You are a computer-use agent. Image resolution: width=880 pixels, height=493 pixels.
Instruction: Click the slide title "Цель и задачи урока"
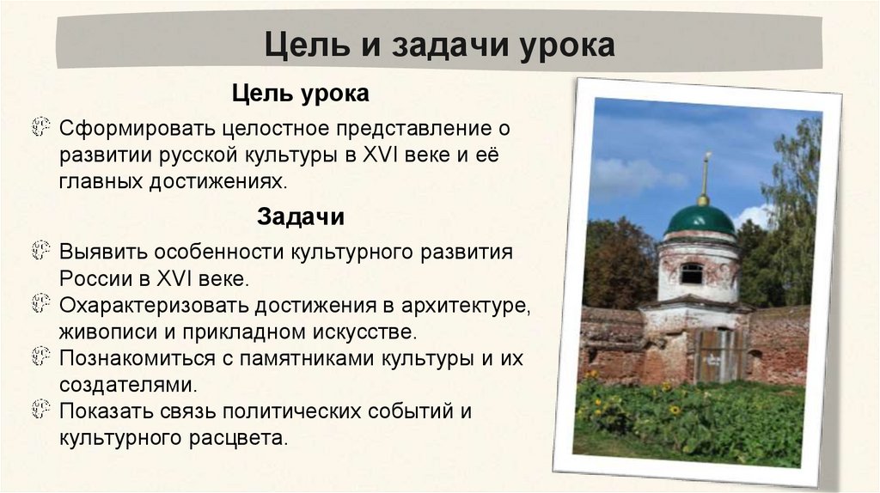tap(439, 46)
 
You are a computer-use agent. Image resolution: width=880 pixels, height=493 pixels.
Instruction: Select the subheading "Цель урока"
tap(300, 92)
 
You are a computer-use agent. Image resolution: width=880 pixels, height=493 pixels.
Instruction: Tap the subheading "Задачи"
tap(301, 217)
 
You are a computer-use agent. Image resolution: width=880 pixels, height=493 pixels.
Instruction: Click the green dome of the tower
tap(700, 220)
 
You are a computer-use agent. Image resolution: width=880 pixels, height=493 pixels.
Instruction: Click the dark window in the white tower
tap(691, 273)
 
